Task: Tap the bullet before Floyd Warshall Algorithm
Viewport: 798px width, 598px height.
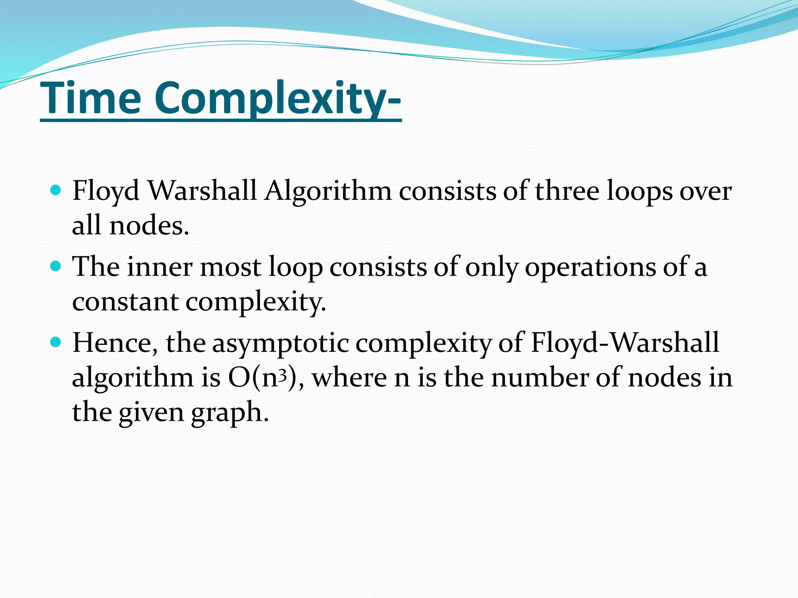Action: coord(56,190)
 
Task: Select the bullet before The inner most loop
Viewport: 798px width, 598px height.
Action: coord(56,266)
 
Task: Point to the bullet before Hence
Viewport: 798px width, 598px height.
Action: coord(56,342)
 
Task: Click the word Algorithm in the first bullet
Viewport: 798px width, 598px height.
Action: coord(328,192)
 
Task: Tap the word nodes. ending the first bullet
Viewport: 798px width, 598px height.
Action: coord(149,226)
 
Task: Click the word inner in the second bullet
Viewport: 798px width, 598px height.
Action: coord(160,267)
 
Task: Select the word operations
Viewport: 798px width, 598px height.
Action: coord(590,267)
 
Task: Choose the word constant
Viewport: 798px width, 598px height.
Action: coord(125,302)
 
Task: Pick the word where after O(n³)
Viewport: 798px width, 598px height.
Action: coord(349,378)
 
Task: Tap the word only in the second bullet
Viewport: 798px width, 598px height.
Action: coord(491,268)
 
